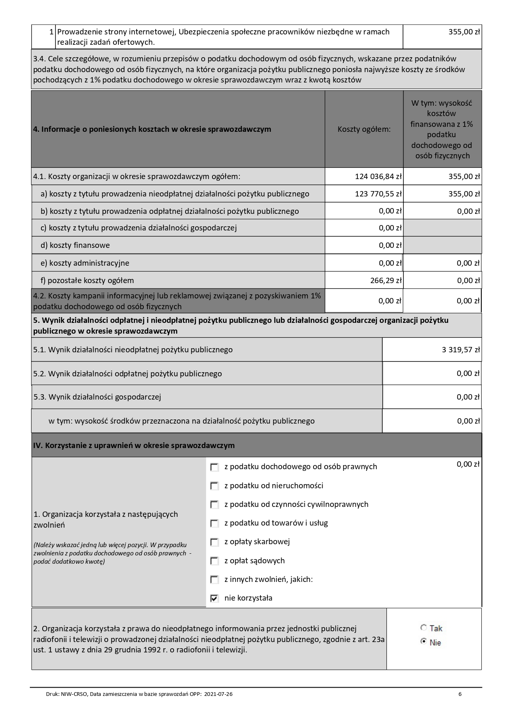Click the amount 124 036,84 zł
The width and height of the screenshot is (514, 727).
click(378, 177)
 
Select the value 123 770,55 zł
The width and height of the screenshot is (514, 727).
click(378, 194)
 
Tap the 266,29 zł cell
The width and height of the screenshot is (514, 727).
click(386, 281)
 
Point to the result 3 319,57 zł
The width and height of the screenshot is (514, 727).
click(461, 350)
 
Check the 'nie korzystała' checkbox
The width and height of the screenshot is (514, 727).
click(215, 599)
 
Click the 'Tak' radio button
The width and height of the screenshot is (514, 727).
click(423, 628)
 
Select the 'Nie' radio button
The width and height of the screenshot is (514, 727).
click(423, 642)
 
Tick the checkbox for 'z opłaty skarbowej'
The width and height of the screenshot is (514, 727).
click(215, 542)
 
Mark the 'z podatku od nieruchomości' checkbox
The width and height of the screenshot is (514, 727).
click(215, 486)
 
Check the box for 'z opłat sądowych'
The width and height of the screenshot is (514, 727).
click(215, 561)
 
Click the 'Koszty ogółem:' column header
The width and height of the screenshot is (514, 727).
click(364, 129)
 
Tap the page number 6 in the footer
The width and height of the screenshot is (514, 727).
click(460, 694)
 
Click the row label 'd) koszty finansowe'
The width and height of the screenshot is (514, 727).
click(75, 245)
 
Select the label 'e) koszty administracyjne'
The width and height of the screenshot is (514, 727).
click(85, 263)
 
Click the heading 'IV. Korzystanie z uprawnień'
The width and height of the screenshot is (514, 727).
click(133, 446)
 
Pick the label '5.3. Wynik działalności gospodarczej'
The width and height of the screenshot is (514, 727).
click(97, 397)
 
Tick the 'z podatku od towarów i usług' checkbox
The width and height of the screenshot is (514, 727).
click(215, 523)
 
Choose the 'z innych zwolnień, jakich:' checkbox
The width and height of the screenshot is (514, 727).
click(215, 579)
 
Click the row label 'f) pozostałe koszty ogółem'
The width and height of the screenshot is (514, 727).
click(87, 281)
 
